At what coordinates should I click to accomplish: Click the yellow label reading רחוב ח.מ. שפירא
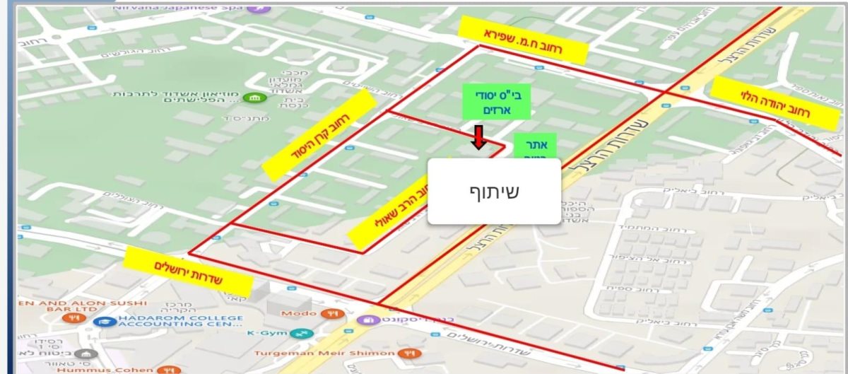tap(523, 39)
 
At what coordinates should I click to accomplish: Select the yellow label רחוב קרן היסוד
tap(319, 134)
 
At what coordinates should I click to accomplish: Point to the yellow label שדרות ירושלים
tap(188, 271)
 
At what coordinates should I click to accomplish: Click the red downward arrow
tap(478, 138)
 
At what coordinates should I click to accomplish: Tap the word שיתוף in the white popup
tap(494, 191)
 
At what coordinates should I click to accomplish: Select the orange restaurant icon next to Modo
tap(327, 313)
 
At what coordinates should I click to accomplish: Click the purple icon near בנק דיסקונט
tap(367, 320)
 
